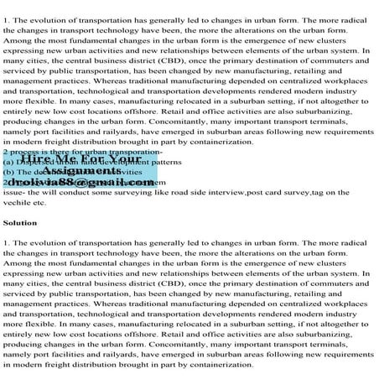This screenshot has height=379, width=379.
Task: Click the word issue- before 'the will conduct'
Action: tap(15, 192)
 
